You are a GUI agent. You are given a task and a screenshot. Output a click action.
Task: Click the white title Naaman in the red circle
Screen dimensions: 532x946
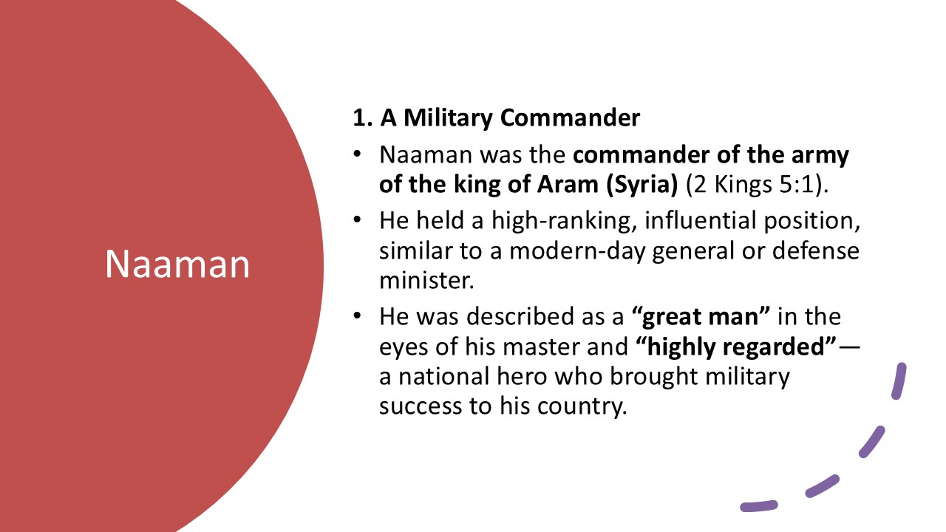177,264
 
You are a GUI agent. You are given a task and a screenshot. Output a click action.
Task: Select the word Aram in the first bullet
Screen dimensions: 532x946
568,185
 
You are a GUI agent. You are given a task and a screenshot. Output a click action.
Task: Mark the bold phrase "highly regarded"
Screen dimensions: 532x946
737,347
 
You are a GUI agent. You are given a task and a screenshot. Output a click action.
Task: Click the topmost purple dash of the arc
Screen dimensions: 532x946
899,381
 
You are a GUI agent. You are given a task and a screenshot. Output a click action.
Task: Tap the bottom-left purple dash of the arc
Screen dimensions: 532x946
758,506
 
